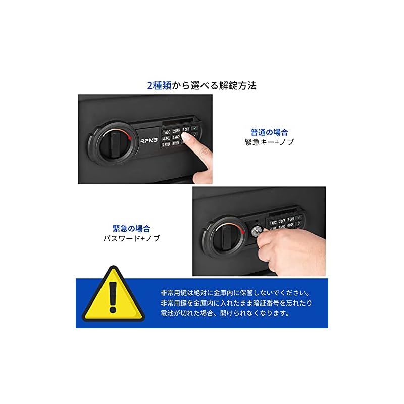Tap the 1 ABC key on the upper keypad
click(x=166, y=130)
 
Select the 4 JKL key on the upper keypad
click(x=166, y=137)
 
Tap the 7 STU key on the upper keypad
click(x=166, y=144)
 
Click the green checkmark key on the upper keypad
click(x=195, y=129)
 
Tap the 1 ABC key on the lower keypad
click(x=274, y=223)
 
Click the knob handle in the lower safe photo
click(x=228, y=230)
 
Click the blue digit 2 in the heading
click(x=149, y=85)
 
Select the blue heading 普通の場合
click(x=269, y=132)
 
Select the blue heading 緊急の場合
click(x=131, y=228)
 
